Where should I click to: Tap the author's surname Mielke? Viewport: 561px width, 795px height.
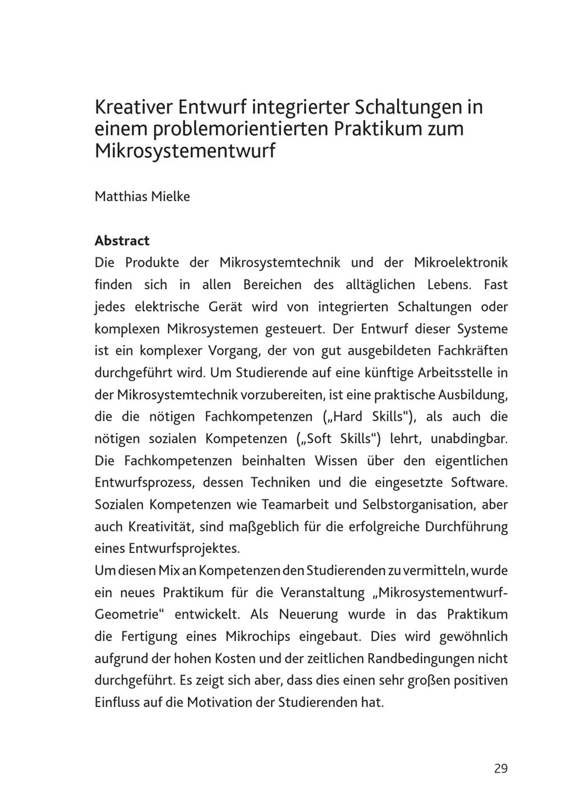pyautogui.click(x=171, y=197)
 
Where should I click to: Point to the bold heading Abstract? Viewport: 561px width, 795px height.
pyautogui.click(x=122, y=241)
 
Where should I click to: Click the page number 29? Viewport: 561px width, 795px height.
pyautogui.click(x=500, y=768)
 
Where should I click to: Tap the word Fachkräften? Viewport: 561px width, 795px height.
pyautogui.click(x=472, y=351)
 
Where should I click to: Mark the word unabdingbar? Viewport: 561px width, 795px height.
pyautogui.click(x=468, y=439)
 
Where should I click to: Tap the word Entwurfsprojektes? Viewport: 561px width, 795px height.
pyautogui.click(x=184, y=548)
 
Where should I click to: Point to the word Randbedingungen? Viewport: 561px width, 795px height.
pyautogui.click(x=419, y=659)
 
